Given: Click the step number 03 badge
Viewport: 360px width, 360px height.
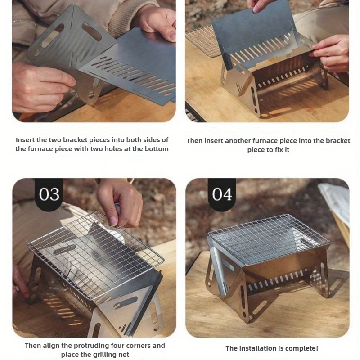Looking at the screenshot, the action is point(49,194).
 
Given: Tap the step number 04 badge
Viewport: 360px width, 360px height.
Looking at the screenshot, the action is point(222,194).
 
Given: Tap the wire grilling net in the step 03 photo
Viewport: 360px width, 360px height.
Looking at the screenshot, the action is point(95,255).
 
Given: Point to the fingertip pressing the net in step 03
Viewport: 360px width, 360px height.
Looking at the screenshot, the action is point(113,221).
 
